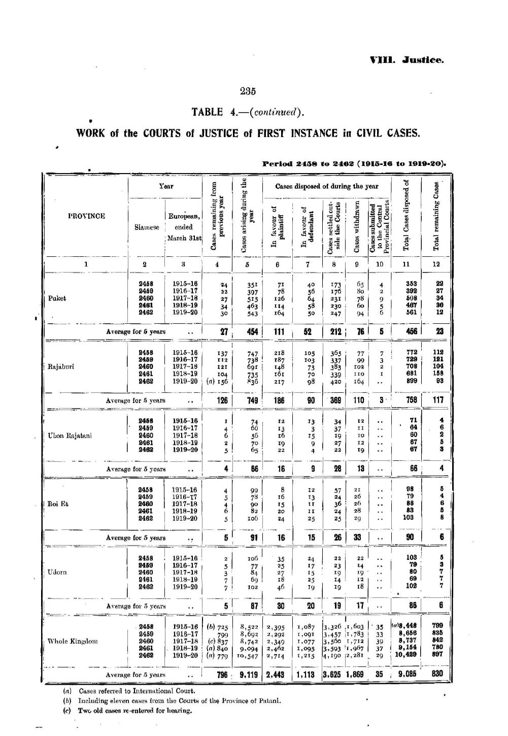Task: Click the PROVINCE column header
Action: [x=86, y=216]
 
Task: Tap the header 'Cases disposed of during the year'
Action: [x=327, y=186]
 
